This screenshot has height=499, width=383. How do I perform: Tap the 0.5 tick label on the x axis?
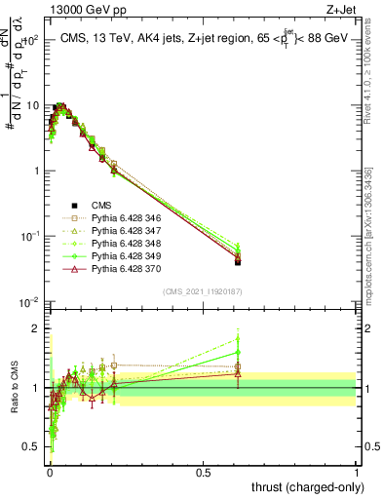[203, 472]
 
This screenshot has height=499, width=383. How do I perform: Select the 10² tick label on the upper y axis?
[31, 41]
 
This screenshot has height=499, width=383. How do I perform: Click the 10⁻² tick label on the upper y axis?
[31, 302]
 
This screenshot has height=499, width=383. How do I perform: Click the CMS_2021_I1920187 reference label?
[203, 291]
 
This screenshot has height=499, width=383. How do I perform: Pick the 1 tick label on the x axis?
[357, 472]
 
